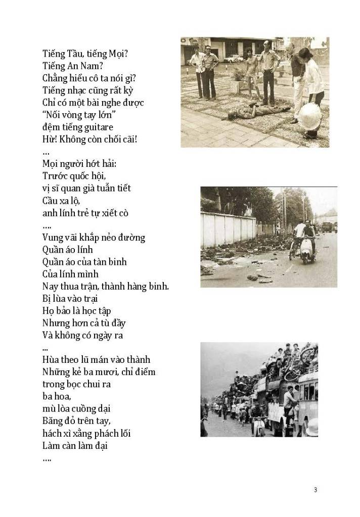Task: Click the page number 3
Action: (x=315, y=489)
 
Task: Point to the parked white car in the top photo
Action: (x=234, y=59)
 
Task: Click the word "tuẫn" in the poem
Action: (x=107, y=189)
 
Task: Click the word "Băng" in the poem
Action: (x=54, y=421)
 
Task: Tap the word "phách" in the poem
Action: (x=114, y=434)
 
